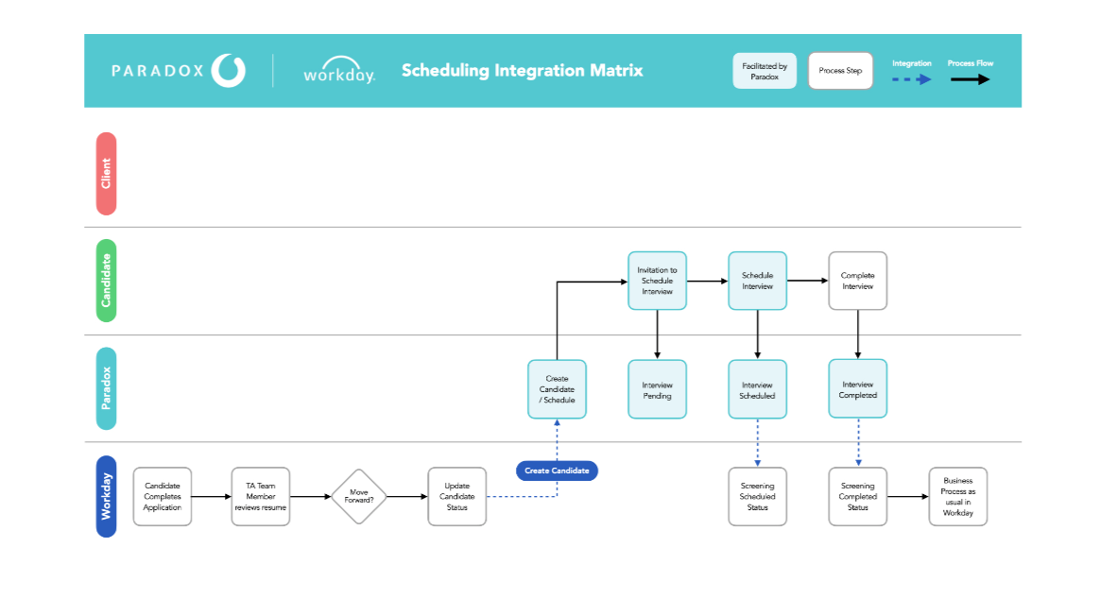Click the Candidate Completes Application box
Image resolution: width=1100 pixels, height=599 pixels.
(163, 496)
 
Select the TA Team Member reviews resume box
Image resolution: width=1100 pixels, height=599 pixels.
(261, 496)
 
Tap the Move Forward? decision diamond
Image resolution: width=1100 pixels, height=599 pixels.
(359, 496)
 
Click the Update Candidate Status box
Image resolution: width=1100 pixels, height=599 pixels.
(457, 496)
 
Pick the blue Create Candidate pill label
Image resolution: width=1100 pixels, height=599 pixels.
(557, 471)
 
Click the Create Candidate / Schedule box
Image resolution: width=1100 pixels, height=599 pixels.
(557, 389)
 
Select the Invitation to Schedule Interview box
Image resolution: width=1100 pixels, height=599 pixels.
(658, 281)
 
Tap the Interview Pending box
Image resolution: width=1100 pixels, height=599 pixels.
(658, 389)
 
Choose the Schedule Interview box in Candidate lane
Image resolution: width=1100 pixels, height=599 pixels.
(757, 281)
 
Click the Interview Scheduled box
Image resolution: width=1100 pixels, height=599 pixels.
(757, 389)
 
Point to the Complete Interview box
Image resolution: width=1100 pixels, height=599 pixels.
(858, 281)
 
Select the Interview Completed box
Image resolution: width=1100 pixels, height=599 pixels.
(858, 389)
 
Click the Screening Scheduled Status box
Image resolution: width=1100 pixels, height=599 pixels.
(757, 496)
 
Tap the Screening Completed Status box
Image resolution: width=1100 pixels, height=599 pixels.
(858, 496)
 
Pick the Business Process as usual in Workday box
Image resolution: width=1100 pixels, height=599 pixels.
(958, 496)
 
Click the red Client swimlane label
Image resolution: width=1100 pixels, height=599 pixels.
(107, 173)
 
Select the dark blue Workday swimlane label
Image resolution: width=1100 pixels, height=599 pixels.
(107, 496)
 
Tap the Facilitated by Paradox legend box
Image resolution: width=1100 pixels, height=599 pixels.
(765, 71)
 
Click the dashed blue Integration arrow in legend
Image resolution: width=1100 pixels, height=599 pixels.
(911, 79)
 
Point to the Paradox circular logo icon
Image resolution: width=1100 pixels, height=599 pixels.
(229, 70)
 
